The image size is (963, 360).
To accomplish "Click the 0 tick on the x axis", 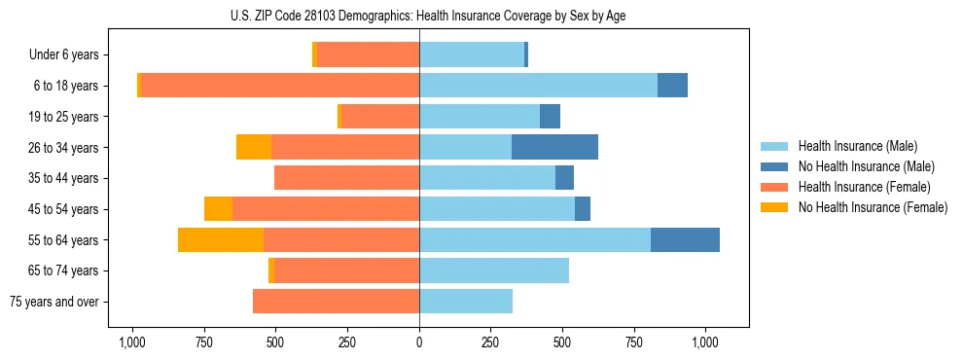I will [x=419, y=342].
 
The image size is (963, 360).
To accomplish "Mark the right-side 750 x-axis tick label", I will [x=634, y=342].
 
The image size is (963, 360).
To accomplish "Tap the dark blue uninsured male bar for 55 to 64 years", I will [x=685, y=239].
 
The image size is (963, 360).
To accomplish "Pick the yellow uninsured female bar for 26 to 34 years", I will [x=254, y=147].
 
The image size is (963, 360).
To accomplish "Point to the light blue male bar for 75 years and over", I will [x=466, y=302].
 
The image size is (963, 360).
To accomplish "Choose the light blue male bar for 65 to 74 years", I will [x=494, y=270].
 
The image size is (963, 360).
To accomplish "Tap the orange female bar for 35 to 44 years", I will [x=346, y=178].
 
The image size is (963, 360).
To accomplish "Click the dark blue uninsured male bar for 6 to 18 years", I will [x=672, y=86].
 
